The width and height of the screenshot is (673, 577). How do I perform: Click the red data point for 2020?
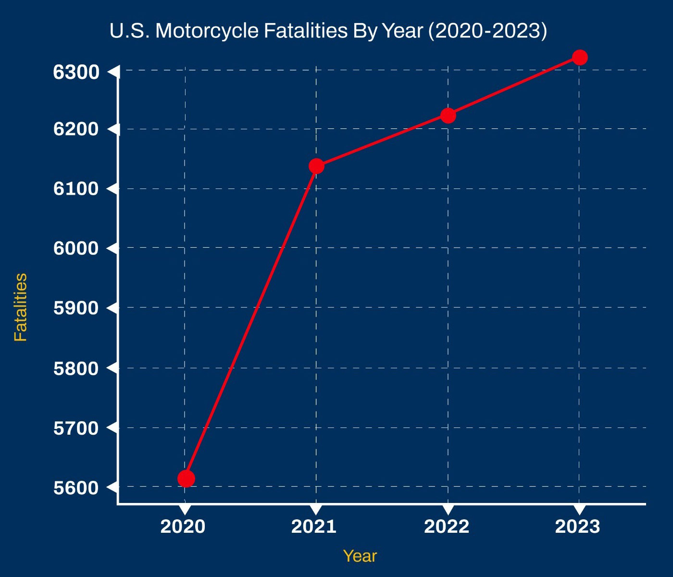coord(186,478)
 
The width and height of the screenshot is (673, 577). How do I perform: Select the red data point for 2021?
coord(316,166)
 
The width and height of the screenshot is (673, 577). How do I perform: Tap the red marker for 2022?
coord(448,115)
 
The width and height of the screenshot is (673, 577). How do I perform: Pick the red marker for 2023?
coord(580,57)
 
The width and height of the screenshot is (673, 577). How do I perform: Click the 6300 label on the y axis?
coord(76,72)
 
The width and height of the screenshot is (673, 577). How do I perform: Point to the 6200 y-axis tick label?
coord(76,129)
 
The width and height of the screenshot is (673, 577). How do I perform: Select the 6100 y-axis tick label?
coord(76,189)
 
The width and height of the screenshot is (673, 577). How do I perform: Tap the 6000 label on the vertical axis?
coord(76,249)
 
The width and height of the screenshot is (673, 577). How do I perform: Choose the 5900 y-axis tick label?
coord(76,308)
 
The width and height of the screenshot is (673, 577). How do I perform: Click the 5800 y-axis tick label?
coord(76,369)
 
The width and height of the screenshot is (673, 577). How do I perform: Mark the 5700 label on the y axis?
coord(76,428)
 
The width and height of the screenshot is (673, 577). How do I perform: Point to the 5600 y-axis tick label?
coord(76,488)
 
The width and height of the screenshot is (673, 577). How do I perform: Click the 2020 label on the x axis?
coord(183,527)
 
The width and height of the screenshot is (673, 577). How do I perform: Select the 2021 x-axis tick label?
coord(314,527)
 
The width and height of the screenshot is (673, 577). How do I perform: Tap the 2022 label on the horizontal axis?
coord(447,527)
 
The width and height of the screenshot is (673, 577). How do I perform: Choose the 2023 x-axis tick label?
coord(578,527)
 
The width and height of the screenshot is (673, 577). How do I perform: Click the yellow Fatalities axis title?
coord(21,307)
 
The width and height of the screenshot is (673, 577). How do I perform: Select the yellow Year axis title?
coord(360,556)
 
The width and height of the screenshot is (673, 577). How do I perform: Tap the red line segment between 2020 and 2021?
coord(251,322)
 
